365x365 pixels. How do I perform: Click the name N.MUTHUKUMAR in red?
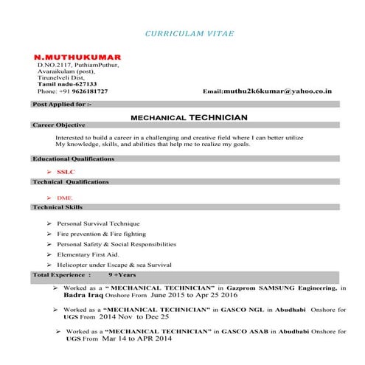coord(77,57)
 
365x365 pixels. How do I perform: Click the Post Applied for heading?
coord(63,105)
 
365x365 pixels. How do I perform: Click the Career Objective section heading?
coord(59,125)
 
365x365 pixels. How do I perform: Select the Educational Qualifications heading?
coord(73,159)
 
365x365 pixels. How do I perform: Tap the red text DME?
coord(64,198)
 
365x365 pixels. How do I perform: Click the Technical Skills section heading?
coord(58,208)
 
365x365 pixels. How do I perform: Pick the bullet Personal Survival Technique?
coord(98,223)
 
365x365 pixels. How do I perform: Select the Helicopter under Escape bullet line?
coord(114,264)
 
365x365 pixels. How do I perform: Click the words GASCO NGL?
coord(231,310)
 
